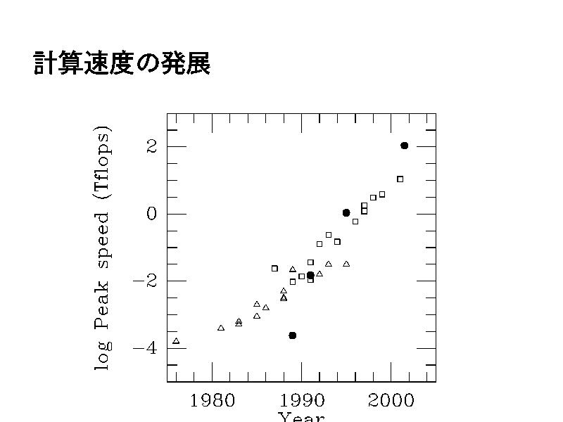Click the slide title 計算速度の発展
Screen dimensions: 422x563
click(122, 64)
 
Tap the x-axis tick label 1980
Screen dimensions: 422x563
click(212, 401)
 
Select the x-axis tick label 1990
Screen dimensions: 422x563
click(302, 401)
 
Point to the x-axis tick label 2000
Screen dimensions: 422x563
click(391, 401)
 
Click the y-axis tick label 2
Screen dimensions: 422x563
click(151, 147)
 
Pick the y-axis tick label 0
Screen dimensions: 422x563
click(151, 214)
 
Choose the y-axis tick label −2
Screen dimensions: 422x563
click(145, 281)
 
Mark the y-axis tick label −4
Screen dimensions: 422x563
click(145, 347)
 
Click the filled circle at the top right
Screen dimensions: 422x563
click(404, 146)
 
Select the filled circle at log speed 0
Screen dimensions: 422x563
click(346, 212)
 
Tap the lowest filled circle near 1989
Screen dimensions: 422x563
click(293, 335)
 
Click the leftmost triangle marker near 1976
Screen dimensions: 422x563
click(176, 341)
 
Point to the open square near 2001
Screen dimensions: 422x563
click(400, 179)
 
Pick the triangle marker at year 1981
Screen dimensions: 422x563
click(221, 328)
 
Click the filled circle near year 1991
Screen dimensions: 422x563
click(310, 275)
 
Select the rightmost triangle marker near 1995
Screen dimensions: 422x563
click(346, 264)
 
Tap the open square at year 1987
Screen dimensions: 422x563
click(274, 268)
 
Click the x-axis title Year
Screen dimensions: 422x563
click(301, 417)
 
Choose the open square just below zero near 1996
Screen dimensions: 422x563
click(355, 222)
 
